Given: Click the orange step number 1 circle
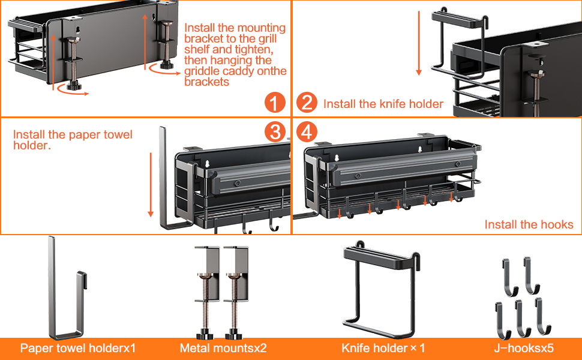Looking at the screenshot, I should (x=275, y=103).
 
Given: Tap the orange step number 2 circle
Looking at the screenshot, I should (x=307, y=103).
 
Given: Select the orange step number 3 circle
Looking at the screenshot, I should (x=275, y=133).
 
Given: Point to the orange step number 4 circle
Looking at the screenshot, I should (x=307, y=133).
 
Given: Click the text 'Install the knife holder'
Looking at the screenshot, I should (x=383, y=104).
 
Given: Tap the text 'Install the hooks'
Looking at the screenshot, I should (x=529, y=225).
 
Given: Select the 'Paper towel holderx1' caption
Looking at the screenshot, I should (x=78, y=348).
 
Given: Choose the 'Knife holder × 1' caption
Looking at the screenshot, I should (x=383, y=348).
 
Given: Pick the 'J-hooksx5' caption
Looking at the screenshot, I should (x=520, y=348).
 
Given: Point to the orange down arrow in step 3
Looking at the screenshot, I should (x=151, y=185).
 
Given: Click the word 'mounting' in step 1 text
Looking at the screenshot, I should (x=260, y=28).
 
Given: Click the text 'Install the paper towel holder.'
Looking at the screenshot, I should (x=73, y=139).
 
